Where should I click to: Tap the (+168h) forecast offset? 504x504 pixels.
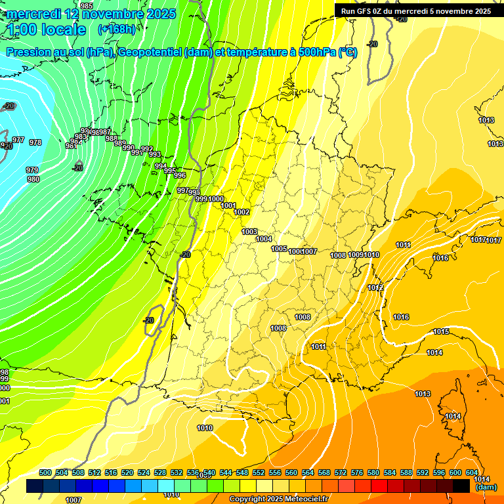click(117, 29)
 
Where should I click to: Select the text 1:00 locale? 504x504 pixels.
click(47, 30)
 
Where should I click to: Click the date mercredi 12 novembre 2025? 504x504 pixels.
click(91, 14)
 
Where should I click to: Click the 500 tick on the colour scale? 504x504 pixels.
click(45, 472)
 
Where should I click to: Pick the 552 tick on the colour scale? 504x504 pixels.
click(259, 472)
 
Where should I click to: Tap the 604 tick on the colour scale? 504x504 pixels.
click(472, 472)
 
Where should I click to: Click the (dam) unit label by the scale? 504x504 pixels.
click(486, 487)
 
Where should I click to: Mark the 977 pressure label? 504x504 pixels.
click(18, 140)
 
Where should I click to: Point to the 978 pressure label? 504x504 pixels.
click(35, 142)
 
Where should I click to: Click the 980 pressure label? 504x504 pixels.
click(33, 179)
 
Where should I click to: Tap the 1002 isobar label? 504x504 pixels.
click(241, 212)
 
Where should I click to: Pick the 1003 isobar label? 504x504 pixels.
click(249, 232)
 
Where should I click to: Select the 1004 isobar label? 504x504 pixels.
click(264, 240)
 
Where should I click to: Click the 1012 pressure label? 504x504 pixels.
click(375, 288)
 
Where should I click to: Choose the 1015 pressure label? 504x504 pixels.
click(441, 332)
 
